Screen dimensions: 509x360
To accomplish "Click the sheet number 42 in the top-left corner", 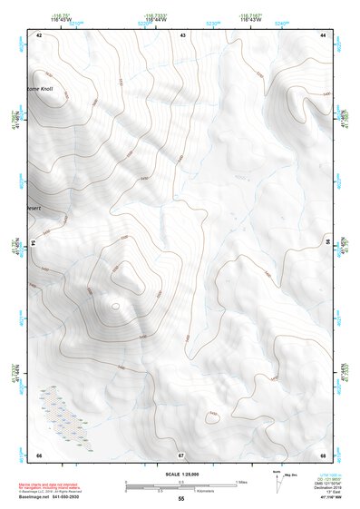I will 39,34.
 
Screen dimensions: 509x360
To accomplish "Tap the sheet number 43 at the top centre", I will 182,34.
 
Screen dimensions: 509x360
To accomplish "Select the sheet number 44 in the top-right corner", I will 323,34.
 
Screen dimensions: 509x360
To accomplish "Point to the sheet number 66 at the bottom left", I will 39,454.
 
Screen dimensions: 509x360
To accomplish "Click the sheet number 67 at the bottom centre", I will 181,454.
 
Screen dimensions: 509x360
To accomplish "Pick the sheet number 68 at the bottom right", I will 323,454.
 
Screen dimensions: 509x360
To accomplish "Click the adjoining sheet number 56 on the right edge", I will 327,243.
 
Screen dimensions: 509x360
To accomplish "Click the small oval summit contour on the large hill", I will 115,307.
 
